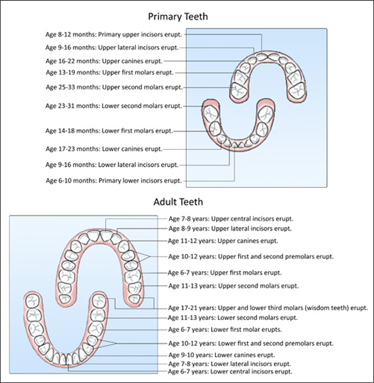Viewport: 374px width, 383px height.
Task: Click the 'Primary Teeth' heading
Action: [178, 17]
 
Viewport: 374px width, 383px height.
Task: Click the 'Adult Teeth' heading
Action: [178, 202]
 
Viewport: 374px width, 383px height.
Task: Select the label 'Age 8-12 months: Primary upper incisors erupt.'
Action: [114, 35]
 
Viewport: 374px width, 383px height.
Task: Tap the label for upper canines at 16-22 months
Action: [104, 61]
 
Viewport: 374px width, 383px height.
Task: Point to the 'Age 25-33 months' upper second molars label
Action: [114, 87]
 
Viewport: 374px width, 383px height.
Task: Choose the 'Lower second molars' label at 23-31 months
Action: [114, 106]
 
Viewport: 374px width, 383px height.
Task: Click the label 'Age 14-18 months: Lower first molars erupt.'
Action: [109, 131]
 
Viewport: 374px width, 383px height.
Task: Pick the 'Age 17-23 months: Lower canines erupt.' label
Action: [104, 149]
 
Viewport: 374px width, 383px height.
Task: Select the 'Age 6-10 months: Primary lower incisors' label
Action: [114, 181]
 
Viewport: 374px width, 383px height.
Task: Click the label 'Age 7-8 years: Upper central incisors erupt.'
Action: [231, 219]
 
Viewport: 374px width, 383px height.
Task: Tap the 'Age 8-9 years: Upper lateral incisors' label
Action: [230, 229]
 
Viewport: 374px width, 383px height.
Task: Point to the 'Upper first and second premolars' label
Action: [250, 257]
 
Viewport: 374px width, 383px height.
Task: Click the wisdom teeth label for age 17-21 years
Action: [268, 308]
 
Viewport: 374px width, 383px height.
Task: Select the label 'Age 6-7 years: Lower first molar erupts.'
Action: [225, 329]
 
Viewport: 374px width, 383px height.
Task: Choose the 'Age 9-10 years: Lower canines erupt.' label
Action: [221, 355]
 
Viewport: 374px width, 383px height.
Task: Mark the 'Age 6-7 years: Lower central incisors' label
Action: [230, 371]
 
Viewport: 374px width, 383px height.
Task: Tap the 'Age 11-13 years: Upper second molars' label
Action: [233, 286]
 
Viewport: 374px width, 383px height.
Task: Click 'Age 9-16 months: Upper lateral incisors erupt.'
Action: [112, 47]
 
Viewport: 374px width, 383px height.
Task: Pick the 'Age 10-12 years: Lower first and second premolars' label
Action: [250, 344]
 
